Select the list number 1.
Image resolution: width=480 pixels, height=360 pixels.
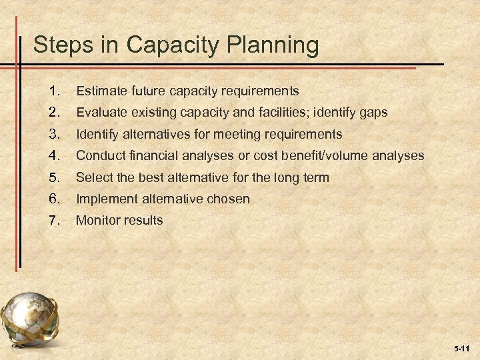[x=55, y=90]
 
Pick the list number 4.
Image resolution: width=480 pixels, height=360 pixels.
[x=55, y=156]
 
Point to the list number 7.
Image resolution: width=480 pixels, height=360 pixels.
[x=55, y=220]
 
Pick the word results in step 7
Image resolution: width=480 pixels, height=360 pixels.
[x=143, y=220]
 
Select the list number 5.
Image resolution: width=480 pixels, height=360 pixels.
[x=55, y=178]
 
